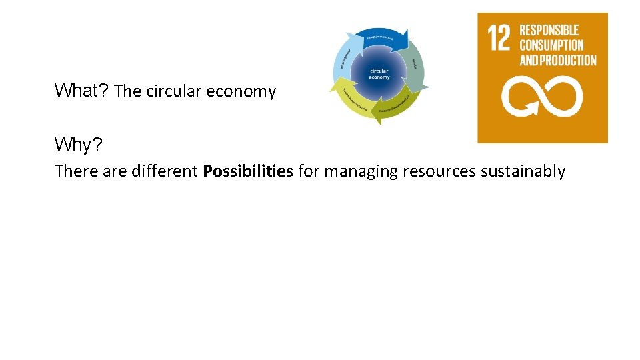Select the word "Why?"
pos(79,144)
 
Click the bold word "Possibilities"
pos(248,171)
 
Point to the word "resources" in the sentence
pos(439,171)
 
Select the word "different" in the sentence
pos(165,171)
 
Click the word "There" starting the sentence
pos(77,171)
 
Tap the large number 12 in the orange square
pos(499,39)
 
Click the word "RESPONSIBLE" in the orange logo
pos(549,30)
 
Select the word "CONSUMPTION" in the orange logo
pos(551,45)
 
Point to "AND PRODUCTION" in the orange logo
pos(558,61)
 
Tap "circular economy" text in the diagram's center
pos(380,73)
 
